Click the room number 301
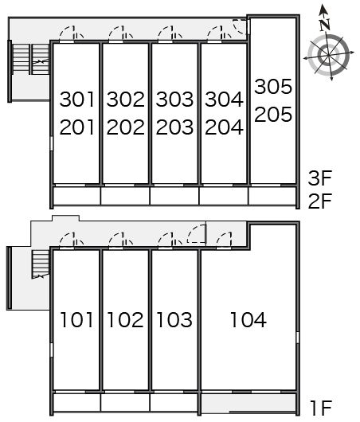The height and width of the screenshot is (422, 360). (x=77, y=100)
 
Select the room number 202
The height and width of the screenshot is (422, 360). (x=126, y=127)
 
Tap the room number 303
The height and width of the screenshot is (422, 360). (x=174, y=100)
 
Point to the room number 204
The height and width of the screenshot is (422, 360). (x=224, y=127)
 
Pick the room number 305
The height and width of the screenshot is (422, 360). (x=273, y=87)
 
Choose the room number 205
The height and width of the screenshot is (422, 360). (x=273, y=114)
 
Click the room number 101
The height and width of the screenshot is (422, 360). (x=76, y=320)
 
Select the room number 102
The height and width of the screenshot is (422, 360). (x=125, y=320)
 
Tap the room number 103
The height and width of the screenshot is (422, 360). (x=174, y=320)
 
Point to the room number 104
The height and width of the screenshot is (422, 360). (x=248, y=320)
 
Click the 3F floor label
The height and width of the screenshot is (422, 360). (x=320, y=178)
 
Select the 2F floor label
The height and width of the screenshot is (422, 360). (x=320, y=201)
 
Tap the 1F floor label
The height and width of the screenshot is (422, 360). (x=321, y=408)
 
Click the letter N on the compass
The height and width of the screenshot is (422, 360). (x=325, y=25)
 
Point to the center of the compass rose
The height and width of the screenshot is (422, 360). (x=328, y=56)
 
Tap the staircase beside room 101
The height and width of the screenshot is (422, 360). (x=41, y=264)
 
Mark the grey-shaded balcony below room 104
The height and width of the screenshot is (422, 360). (x=248, y=403)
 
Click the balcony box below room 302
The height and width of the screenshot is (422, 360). (x=125, y=196)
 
